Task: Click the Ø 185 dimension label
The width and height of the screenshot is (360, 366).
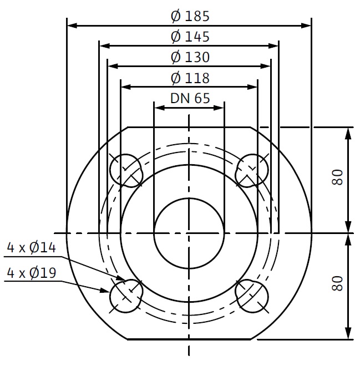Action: tap(190, 16)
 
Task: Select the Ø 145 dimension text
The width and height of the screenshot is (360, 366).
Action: tap(190, 37)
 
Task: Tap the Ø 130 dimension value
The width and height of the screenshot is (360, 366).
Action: tap(190, 57)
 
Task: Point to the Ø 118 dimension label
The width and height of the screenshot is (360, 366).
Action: tap(190, 78)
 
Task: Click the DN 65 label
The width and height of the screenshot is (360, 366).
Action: tap(190, 98)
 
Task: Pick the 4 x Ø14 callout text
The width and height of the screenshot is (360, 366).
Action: tap(32, 247)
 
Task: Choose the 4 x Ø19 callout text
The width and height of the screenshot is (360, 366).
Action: tap(32, 273)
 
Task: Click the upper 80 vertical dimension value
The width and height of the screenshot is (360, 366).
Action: tap(338, 177)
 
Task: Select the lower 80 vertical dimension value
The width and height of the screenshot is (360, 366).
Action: tap(338, 283)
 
